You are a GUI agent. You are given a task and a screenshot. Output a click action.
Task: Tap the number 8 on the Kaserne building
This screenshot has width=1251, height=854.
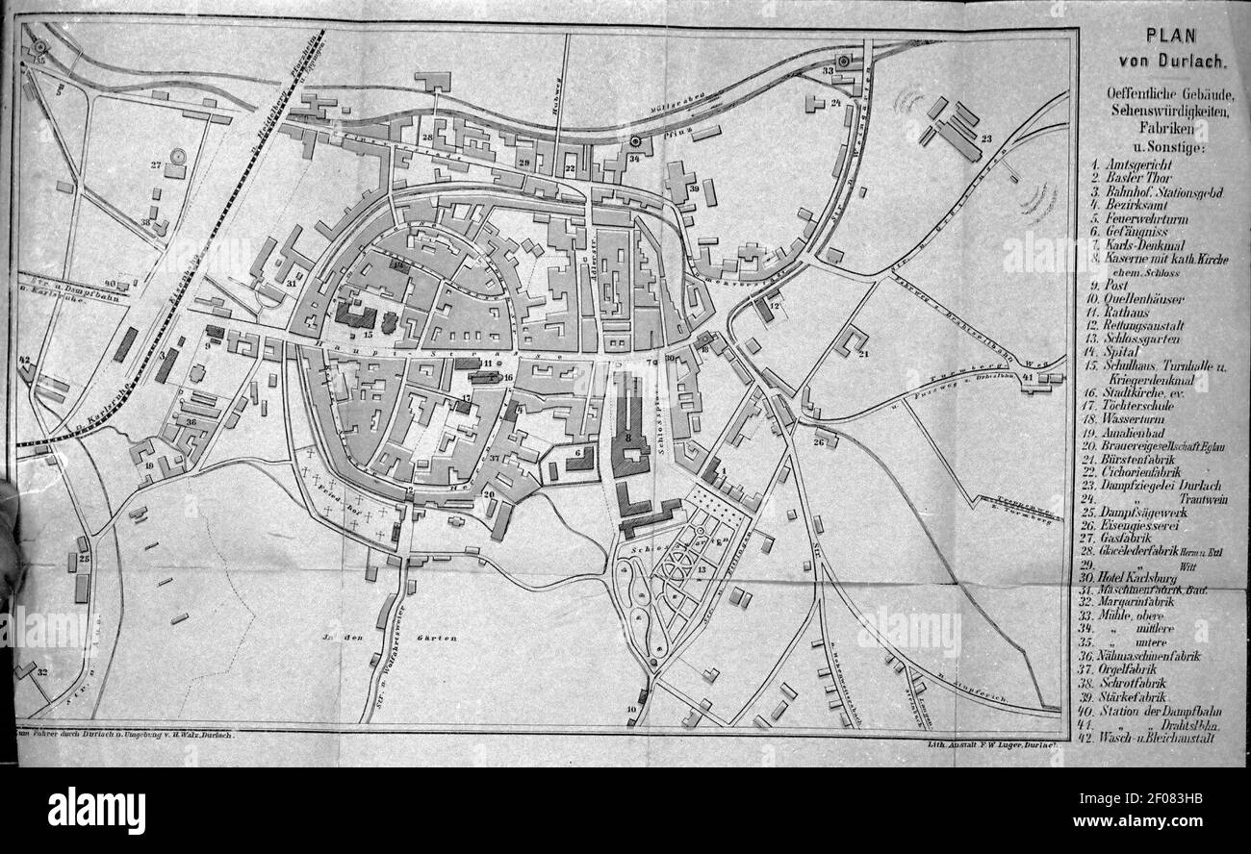tap(628, 437)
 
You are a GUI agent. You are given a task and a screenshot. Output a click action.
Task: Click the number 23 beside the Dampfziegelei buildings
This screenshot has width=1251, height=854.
tap(986, 138)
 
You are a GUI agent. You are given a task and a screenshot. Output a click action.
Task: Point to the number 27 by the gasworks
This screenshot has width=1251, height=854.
tap(155, 164)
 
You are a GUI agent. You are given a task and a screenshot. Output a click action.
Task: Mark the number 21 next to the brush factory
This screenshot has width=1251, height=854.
tap(863, 354)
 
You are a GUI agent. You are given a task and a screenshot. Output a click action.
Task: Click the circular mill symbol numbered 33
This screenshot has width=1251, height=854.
tap(844, 61)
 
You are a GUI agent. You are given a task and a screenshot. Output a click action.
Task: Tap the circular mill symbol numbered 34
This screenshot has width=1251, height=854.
tap(635, 143)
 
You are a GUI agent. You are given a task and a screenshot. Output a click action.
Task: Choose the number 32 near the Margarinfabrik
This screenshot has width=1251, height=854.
tap(41, 672)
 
